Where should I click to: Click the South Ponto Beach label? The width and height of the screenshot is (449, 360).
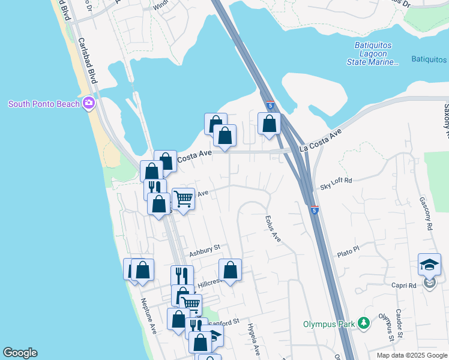pos(43,104)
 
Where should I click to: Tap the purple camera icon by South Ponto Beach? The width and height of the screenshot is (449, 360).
pos(89,103)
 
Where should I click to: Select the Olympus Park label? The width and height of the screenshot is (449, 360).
pos(329,324)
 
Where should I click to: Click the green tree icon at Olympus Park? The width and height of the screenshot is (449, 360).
pos(363,323)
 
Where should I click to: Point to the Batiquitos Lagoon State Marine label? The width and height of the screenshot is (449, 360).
pos(372,53)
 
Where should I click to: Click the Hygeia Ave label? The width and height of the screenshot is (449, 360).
pos(253,338)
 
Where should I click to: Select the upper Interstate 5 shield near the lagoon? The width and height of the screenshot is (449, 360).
pos(270,106)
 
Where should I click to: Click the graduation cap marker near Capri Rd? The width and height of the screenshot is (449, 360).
pos(430,264)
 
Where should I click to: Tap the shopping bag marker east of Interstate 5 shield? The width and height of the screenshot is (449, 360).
pos(270,124)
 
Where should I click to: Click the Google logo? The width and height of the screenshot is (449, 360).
pos(20,353)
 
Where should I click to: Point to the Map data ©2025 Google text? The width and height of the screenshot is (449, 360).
pos(411,355)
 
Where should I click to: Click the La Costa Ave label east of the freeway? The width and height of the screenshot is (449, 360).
pos(321,139)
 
